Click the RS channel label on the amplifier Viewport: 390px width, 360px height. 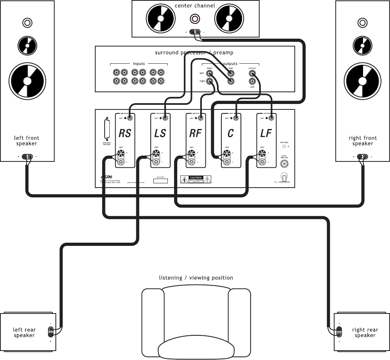(x=125, y=133)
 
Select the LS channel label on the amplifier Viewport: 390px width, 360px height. (x=160, y=133)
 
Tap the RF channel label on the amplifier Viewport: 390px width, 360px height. (x=195, y=133)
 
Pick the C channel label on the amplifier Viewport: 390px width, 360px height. (x=230, y=133)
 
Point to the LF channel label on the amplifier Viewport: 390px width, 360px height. (x=266, y=133)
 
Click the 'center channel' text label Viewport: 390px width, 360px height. (x=195, y=5)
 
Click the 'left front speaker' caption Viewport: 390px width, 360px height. (x=27, y=141)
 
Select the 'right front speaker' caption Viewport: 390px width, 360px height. (x=363, y=141)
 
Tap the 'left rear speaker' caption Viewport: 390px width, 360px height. (x=24, y=333)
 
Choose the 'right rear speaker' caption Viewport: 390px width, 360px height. (x=365, y=333)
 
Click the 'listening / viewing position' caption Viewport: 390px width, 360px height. (x=196, y=278)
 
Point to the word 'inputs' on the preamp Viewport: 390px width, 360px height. (x=139, y=64)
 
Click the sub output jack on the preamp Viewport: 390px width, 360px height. (x=252, y=81)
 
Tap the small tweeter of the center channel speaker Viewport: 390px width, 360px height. (x=195, y=18)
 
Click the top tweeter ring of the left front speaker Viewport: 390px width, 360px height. (x=27, y=23)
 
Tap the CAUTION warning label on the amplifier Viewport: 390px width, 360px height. (x=196, y=179)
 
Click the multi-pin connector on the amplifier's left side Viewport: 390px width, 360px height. (x=107, y=129)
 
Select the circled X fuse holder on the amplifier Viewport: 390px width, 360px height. (x=284, y=163)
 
